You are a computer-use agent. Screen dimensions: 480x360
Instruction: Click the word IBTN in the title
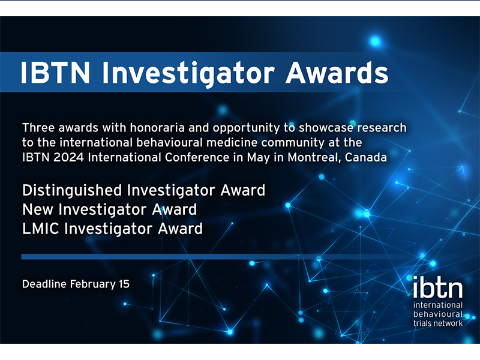tap(55, 72)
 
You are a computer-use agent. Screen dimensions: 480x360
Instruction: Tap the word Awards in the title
tap(337, 72)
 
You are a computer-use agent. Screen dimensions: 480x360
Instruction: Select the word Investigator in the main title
tap(188, 74)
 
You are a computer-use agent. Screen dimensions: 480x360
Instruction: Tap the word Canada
tap(366, 157)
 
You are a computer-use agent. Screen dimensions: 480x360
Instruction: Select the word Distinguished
tap(72, 191)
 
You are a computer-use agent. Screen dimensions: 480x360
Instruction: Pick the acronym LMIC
tap(41, 229)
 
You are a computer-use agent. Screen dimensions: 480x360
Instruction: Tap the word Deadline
tap(44, 284)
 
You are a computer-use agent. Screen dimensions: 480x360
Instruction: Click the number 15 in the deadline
tap(124, 284)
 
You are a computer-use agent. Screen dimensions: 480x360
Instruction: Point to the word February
tap(93, 284)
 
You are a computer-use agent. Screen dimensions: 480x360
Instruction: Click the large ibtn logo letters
tap(438, 287)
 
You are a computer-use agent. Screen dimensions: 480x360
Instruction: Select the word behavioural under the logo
tap(438, 314)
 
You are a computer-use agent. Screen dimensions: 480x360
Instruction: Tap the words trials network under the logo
tap(438, 323)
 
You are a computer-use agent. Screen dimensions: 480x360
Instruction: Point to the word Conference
tap(197, 157)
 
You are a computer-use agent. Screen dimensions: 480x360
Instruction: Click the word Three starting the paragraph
tap(38, 128)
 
